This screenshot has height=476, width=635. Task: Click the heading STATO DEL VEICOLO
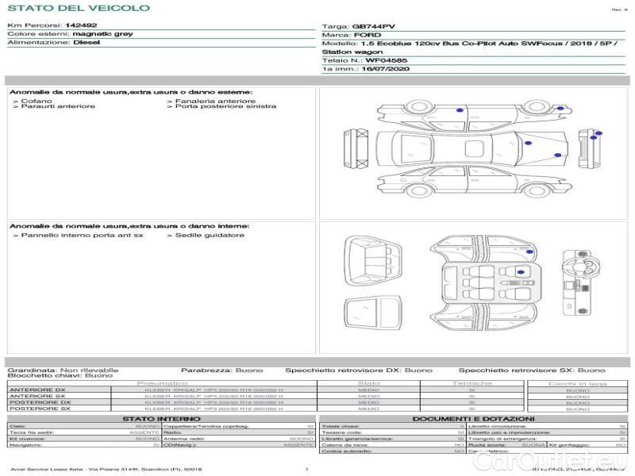click(x=79, y=8)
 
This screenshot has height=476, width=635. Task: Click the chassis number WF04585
click(x=387, y=59)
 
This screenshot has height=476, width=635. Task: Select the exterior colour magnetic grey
click(x=102, y=34)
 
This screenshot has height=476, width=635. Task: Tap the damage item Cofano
click(x=37, y=101)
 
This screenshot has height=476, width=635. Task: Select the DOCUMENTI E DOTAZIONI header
click(x=473, y=418)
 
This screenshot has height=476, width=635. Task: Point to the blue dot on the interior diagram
click(x=520, y=271)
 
